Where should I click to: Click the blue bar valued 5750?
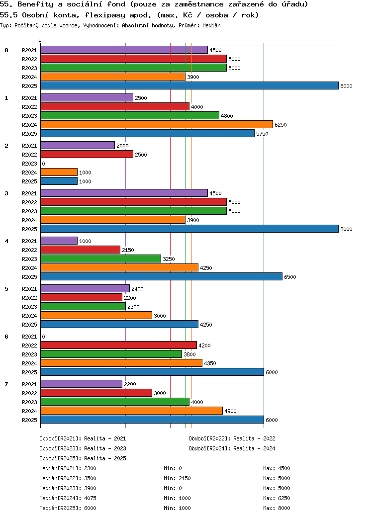coord(147,133)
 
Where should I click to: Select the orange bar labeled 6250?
coord(156,124)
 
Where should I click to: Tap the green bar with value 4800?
coord(129,115)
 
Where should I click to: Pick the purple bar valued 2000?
coord(77,145)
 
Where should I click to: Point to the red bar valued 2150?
coord(80,250)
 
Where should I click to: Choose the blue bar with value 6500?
coord(161,276)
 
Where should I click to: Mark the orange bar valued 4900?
coord(131,411)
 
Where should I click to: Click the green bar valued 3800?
coord(111,354)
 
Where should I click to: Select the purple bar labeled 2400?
coord(85,288)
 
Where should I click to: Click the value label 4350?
coord(210,363)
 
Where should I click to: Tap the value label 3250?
coord(169,259)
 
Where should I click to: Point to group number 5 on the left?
coord(6,289)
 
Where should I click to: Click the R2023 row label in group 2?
coord(29,164)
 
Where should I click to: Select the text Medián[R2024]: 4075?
coord(68,498)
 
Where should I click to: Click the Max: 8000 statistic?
coord(277,508)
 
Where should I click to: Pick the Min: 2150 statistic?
coord(177,478)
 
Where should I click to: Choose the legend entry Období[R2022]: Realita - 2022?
coord(232,438)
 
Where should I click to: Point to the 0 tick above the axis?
coord(40,41)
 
